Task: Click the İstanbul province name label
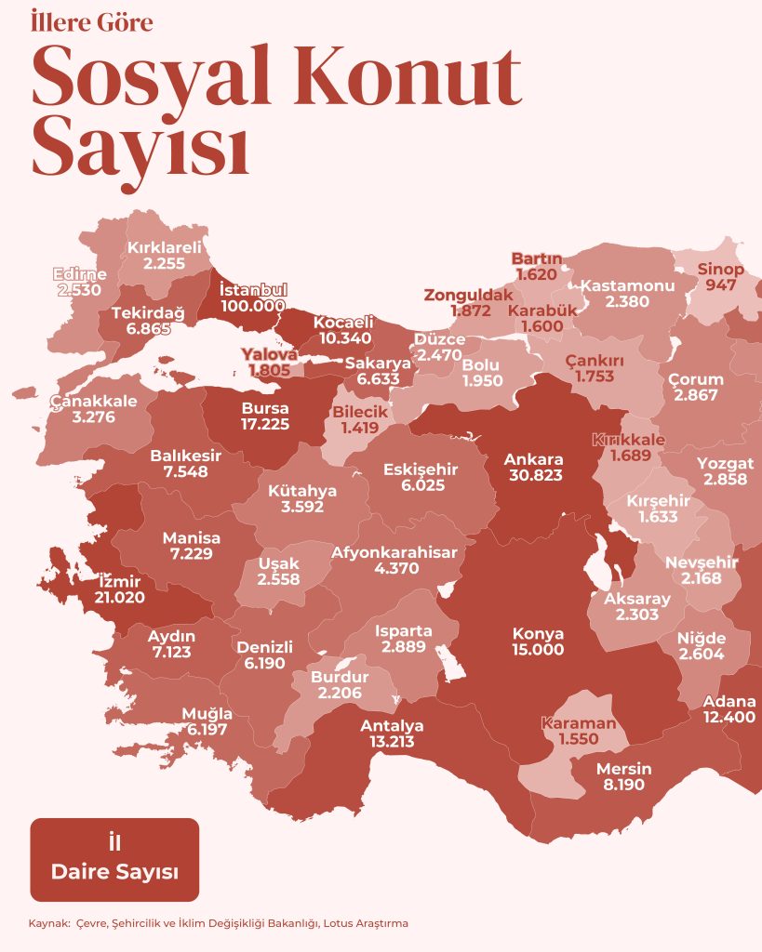(253, 289)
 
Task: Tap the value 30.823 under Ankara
(533, 475)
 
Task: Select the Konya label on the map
(538, 633)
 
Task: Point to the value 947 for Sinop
(721, 285)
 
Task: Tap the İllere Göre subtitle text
(92, 22)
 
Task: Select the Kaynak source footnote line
(219, 923)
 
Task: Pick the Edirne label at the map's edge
(79, 275)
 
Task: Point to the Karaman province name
(579, 722)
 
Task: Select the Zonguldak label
(469, 295)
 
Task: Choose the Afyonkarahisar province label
(394, 551)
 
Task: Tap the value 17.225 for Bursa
(264, 424)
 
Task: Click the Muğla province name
(207, 713)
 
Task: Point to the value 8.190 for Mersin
(623, 785)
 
